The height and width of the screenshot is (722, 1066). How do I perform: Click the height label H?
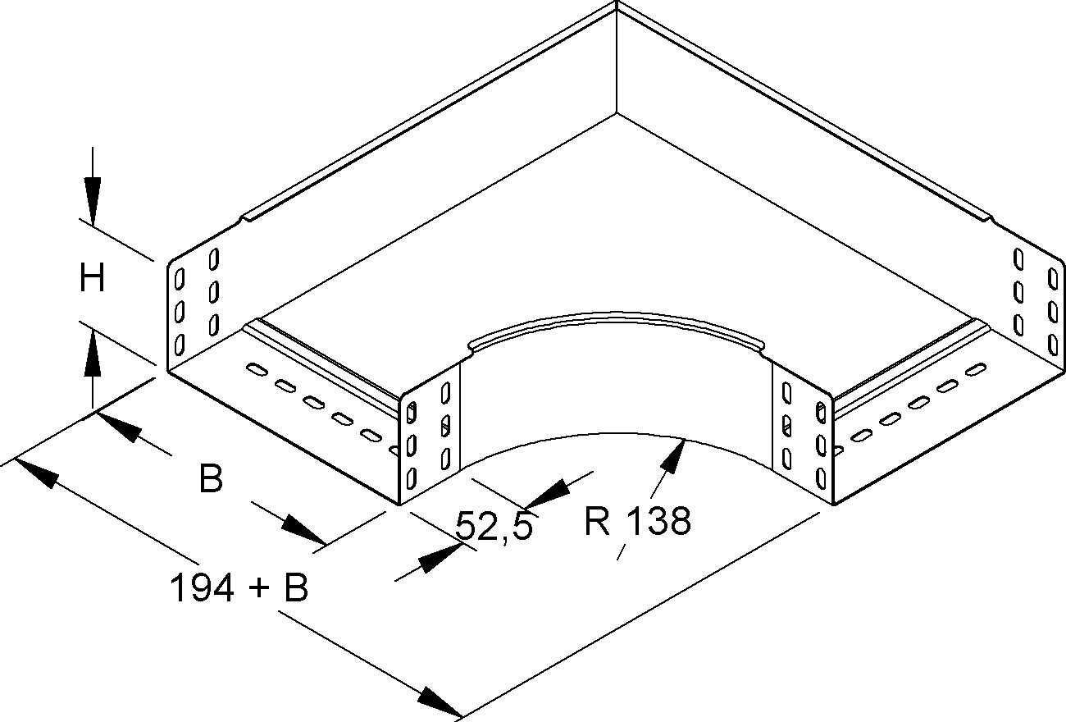(92, 279)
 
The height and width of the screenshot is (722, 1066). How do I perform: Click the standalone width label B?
(211, 478)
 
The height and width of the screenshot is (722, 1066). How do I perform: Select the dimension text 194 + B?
(238, 587)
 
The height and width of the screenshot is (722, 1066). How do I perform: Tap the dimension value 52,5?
(494, 526)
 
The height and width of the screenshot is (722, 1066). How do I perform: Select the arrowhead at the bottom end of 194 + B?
(439, 703)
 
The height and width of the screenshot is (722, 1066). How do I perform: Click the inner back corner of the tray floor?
(616, 112)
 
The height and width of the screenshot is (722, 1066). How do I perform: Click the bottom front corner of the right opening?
(833, 504)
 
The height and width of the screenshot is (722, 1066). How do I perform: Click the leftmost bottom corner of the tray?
(168, 373)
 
